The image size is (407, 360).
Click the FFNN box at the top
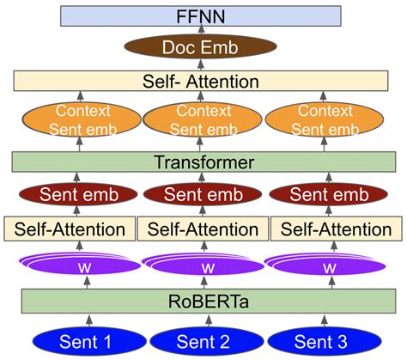tap(203, 15)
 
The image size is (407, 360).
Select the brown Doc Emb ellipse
tap(203, 48)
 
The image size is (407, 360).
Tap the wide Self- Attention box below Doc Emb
tap(203, 82)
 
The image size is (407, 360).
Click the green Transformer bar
tap(203, 162)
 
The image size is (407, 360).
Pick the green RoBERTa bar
tap(203, 301)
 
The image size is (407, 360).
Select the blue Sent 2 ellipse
tap(203, 342)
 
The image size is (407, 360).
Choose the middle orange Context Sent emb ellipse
tap(203, 121)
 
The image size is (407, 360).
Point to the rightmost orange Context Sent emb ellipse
tap(325, 121)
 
